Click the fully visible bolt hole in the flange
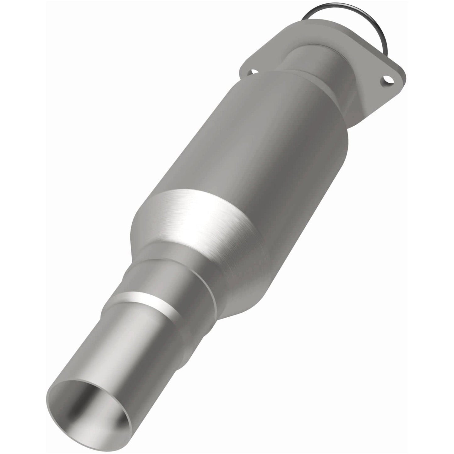[x=389, y=80]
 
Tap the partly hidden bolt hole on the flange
[x=250, y=72]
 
